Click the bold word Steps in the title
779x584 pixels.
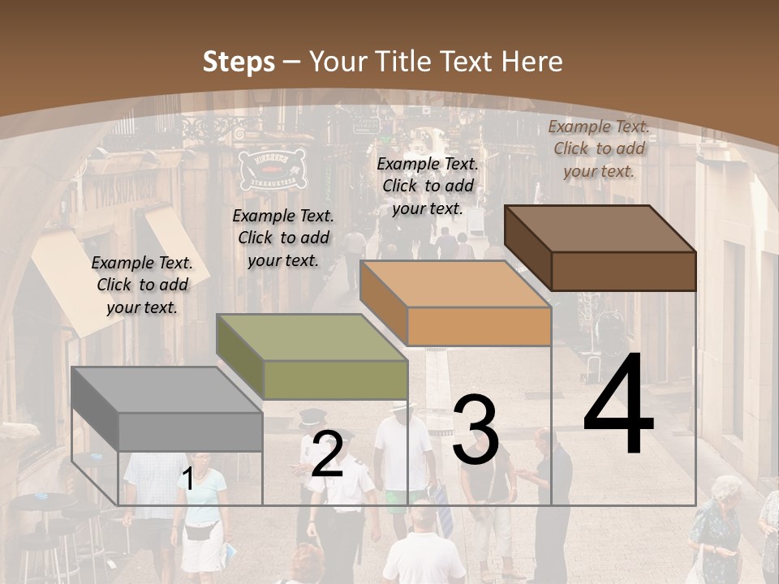pyautogui.click(x=239, y=62)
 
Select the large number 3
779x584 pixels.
pyautogui.click(x=476, y=430)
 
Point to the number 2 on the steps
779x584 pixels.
pyautogui.click(x=327, y=455)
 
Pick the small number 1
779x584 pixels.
pyautogui.click(x=188, y=479)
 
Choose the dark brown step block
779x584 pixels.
pyautogui.click(x=600, y=247)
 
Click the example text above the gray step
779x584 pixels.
pyautogui.click(x=142, y=285)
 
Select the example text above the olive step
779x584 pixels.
pyautogui.click(x=283, y=238)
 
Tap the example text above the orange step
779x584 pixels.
pyautogui.click(x=428, y=186)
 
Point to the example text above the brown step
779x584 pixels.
pyautogui.click(x=599, y=148)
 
